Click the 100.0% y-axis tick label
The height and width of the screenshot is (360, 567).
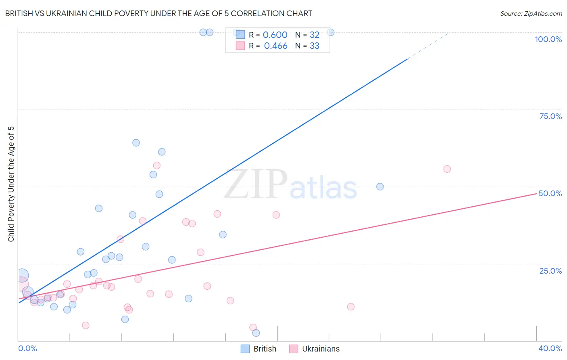pos(548,39)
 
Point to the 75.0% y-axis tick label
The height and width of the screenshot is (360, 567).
pos(550,116)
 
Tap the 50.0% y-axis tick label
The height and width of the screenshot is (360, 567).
pos(550,193)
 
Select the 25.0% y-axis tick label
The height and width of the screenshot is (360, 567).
pos(550,270)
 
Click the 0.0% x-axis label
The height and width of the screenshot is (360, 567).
pos(27,348)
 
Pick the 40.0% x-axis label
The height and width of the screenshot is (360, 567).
pos(550,348)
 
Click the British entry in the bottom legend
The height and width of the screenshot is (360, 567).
pos(265,349)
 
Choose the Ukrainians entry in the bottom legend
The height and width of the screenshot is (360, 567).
pos(321,349)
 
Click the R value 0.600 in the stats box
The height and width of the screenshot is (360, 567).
pos(275,35)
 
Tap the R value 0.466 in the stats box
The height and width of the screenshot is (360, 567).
pos(275,46)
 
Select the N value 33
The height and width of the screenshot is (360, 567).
pos(315,46)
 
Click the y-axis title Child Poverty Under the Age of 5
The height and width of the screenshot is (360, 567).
pos(11,184)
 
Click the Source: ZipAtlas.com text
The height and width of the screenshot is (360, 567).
pos(531,14)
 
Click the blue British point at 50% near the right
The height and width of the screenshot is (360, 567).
pos(380,187)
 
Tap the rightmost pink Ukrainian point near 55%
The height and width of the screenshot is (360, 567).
pos(447,169)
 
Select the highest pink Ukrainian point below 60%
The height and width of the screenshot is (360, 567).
pos(157,165)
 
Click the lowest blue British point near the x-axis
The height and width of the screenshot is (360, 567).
pos(256,333)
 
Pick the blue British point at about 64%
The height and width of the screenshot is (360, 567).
pos(136,143)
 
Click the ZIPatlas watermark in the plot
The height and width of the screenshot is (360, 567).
pos(290,185)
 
